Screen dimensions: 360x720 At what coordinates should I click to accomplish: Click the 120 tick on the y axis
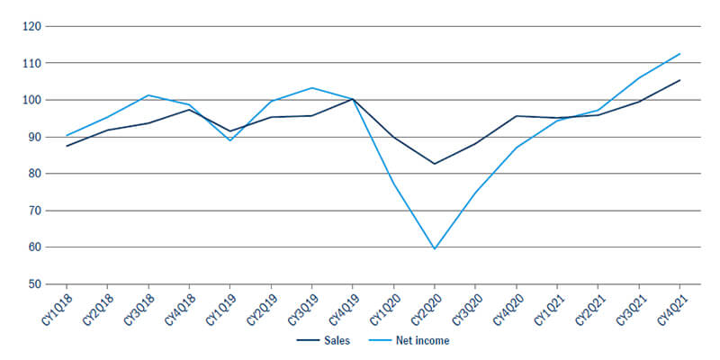point(32,26)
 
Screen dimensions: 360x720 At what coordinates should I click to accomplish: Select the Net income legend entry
point(415,341)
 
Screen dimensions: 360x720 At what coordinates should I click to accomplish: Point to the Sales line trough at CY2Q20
point(435,164)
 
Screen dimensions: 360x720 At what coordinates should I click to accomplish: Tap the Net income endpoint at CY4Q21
point(679,53)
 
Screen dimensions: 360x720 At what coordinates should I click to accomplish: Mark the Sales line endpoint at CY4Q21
point(679,80)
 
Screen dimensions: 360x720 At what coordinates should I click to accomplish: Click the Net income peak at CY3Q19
point(311,87)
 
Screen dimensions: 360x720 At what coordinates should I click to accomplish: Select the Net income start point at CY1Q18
point(67,135)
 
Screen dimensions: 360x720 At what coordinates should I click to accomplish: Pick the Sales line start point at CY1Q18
point(67,146)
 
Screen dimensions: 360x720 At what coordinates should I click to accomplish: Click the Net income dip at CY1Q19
point(230,140)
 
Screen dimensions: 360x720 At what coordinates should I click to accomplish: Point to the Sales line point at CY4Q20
point(517,116)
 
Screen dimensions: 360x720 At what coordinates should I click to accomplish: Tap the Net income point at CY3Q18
point(148,94)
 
